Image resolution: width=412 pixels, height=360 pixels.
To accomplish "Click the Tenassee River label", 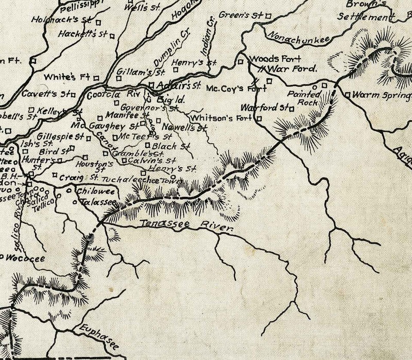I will click(x=187, y=225).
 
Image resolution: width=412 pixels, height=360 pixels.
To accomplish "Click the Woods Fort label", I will click(x=275, y=59).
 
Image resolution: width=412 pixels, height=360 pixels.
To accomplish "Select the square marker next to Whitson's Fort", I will click(x=259, y=118).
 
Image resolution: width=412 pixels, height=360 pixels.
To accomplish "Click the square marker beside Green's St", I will click(x=269, y=16).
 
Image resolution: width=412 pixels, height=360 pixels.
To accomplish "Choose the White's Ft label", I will click(x=67, y=77).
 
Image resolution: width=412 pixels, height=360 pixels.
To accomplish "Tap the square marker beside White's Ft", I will click(x=97, y=78).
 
